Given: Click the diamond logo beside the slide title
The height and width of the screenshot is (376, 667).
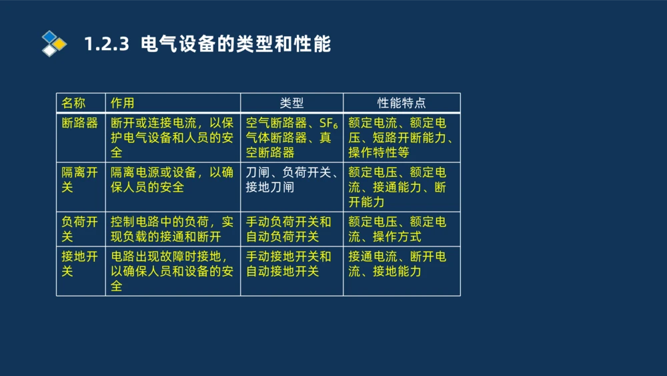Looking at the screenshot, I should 54,43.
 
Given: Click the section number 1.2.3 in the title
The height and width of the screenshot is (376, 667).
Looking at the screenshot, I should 106,45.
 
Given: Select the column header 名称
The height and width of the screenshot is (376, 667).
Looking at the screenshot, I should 73,103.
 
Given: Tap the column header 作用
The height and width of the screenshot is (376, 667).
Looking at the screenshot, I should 123,103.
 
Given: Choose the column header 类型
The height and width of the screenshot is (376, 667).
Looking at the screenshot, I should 291,103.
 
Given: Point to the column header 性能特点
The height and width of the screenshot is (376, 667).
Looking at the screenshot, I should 402,103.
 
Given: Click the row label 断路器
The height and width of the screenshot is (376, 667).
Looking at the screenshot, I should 80,124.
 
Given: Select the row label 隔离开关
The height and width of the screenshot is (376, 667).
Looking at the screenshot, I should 80,180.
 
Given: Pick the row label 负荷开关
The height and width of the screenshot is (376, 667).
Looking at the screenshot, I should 80,229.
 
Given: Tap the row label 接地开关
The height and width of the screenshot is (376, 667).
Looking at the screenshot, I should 80,264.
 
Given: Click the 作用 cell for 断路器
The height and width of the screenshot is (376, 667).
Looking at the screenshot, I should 172,138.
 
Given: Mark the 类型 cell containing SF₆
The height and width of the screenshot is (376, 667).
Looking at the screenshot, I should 291,138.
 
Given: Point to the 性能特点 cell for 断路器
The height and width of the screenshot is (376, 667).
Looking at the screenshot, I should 401,138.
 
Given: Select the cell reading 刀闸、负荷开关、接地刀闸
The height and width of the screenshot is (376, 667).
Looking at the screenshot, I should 291,180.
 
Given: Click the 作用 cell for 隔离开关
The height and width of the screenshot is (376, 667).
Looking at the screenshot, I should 172,180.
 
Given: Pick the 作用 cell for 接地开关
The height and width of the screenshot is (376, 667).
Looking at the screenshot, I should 172,271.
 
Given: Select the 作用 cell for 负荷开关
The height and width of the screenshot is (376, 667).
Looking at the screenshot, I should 172,229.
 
